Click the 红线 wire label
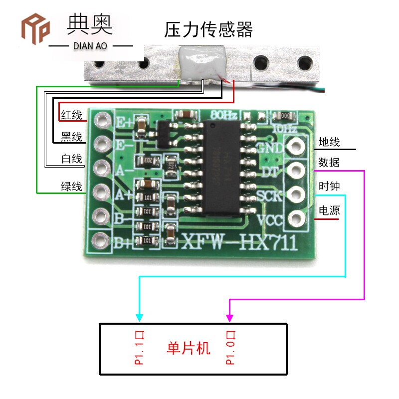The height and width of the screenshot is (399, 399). [x=71, y=116]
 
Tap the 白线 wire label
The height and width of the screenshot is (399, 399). [x=71, y=159]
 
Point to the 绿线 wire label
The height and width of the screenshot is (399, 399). [x=71, y=187]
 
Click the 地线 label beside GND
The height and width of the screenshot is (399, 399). [x=329, y=142]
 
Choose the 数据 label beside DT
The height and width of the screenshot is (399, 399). [x=329, y=163]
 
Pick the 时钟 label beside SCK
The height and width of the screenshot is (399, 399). [x=329, y=187]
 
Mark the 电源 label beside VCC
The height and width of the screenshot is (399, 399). [x=329, y=210]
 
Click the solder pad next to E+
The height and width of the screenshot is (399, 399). [x=103, y=120]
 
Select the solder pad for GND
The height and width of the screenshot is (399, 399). [x=295, y=146]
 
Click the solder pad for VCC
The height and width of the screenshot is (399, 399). [x=295, y=218]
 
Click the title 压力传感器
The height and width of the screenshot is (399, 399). [x=208, y=30]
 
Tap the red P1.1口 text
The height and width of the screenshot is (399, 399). [x=140, y=347]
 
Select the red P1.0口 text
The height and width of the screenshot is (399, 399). [x=230, y=347]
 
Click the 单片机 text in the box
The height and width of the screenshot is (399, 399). [x=188, y=348]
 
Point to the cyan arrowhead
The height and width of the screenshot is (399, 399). [x=139, y=317]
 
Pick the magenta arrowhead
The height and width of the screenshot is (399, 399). [x=229, y=317]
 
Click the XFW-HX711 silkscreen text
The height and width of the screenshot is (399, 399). [x=239, y=244]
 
